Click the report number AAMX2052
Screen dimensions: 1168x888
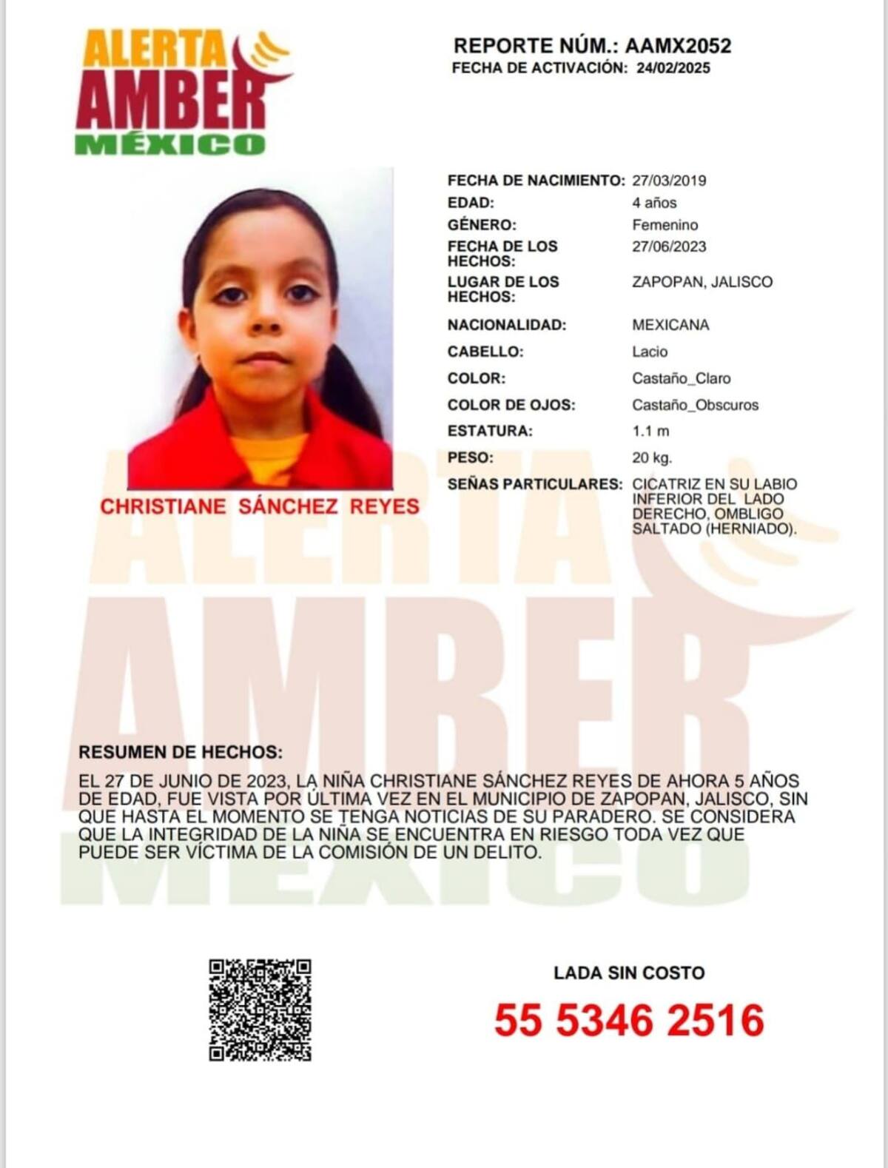point(678,46)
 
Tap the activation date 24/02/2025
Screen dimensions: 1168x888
point(673,68)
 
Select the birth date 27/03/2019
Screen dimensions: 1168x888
point(669,181)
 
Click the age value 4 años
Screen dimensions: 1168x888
point(654,203)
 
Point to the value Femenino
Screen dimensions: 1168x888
point(665,225)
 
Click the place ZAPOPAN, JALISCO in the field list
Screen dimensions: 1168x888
point(702,282)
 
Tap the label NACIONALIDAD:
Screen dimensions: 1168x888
point(506,325)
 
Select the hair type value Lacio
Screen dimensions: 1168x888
point(650,352)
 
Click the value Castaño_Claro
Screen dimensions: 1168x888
point(681,378)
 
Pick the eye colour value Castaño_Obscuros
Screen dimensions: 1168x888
point(695,405)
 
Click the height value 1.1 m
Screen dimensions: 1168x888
point(650,431)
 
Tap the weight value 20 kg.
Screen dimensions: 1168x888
point(652,457)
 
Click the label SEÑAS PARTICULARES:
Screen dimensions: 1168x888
point(534,485)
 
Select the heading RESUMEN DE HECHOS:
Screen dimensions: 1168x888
point(181,753)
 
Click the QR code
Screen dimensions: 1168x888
point(260,1010)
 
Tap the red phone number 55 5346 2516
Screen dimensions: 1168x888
point(629,1021)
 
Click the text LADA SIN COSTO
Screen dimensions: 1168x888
point(629,973)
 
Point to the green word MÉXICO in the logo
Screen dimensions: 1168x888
point(169,144)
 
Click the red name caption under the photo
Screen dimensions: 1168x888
point(260,507)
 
